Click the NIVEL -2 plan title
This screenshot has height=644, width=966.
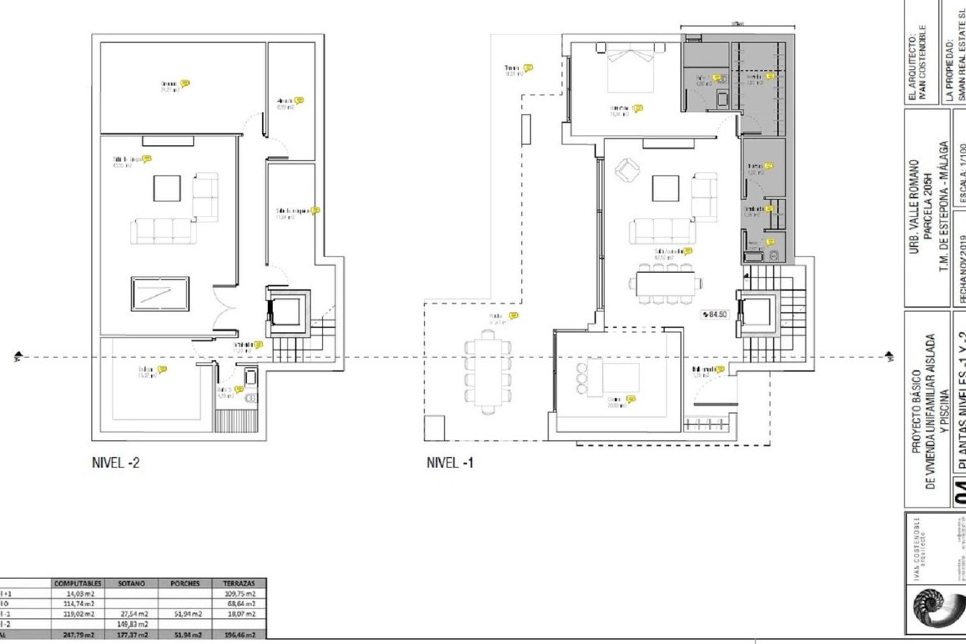coord(115,462)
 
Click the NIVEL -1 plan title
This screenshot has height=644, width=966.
coord(450,462)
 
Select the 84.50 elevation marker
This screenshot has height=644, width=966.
coord(714,314)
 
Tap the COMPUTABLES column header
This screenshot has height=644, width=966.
coord(77,583)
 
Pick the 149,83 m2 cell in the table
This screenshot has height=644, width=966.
coord(132,624)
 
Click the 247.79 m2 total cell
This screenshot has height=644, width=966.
coord(77,635)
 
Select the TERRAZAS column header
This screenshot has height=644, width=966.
coord(239,583)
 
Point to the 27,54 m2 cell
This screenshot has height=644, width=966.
coord(132,614)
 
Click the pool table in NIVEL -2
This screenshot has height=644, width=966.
coord(160,294)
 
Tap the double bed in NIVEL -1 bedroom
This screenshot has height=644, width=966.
coord(631,68)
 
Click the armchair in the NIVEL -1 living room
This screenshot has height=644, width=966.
coord(627,170)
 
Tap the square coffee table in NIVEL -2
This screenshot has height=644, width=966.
coord(167,188)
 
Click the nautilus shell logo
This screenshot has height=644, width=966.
coord(933,608)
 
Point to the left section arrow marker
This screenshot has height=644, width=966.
coord(18,357)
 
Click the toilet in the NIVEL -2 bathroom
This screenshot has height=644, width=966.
coord(250,398)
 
